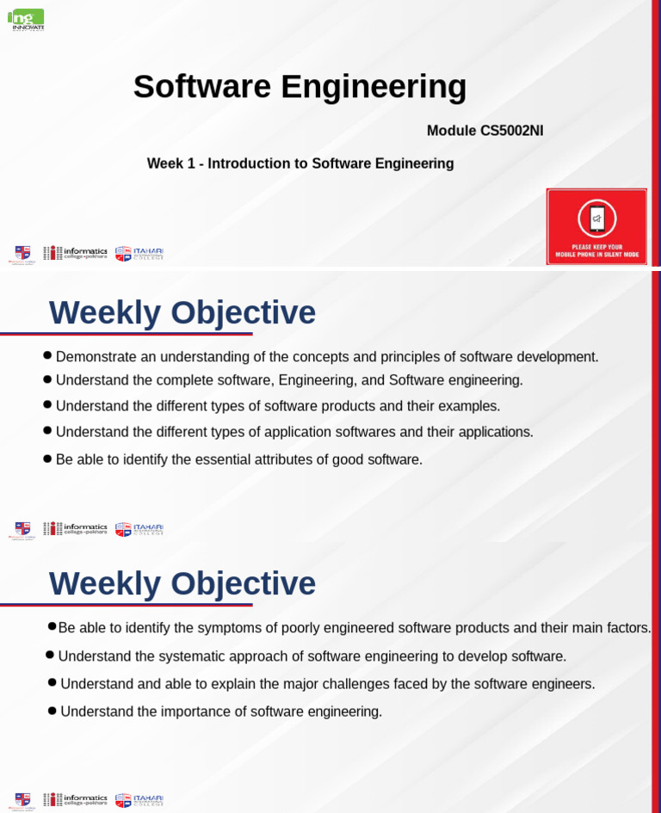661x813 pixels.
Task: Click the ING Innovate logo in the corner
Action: [26, 19]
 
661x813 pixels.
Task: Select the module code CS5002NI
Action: [511, 131]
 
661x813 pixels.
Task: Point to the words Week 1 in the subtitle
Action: [170, 163]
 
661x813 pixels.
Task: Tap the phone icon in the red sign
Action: [596, 219]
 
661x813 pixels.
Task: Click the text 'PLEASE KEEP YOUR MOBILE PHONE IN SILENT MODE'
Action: [596, 251]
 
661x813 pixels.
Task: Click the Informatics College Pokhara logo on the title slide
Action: [76, 253]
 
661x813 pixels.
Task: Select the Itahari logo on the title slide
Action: [139, 253]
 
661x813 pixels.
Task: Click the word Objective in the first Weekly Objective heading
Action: [243, 313]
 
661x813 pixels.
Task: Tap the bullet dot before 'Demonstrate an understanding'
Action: [47, 355]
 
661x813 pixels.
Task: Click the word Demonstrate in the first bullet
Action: [96, 357]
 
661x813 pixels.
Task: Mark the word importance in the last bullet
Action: [177, 711]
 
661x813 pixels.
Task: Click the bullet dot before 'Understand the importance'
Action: [53, 711]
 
